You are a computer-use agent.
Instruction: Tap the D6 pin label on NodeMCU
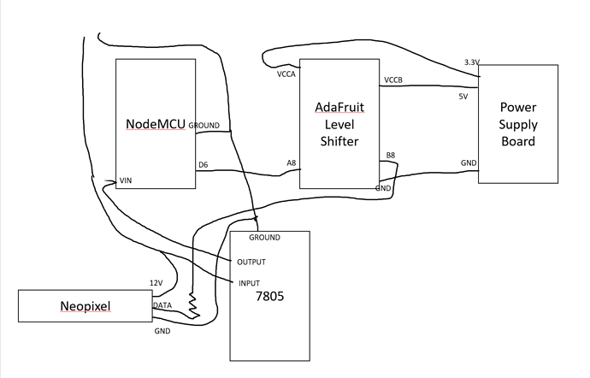204,165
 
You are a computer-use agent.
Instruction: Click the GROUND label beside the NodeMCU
204,125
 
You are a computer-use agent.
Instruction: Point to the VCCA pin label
286,74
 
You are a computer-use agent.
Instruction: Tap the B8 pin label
391,155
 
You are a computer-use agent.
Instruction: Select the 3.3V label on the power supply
472,63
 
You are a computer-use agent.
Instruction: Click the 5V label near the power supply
464,96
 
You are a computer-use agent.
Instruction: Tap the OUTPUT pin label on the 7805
251,262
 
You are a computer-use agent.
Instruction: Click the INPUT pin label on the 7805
248,283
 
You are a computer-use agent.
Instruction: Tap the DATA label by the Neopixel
162,304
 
